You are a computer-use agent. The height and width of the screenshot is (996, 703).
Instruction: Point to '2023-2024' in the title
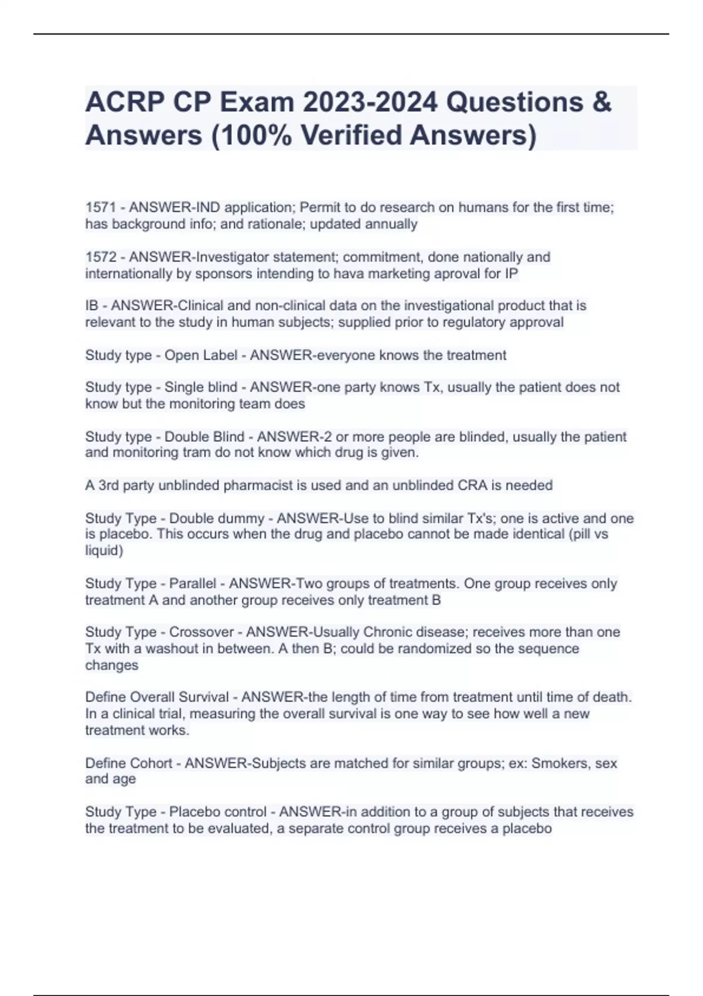pos(370,102)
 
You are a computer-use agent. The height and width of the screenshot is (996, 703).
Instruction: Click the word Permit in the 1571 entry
pos(319,207)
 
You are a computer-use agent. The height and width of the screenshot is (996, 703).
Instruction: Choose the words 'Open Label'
pos(201,355)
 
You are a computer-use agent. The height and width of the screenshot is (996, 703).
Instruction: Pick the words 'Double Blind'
pos(204,436)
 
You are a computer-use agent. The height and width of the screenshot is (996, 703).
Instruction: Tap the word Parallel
pos(193,584)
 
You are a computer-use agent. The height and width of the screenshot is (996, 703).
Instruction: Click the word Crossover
pos(202,632)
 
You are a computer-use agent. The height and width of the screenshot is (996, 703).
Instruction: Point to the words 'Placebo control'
pos(218,812)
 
